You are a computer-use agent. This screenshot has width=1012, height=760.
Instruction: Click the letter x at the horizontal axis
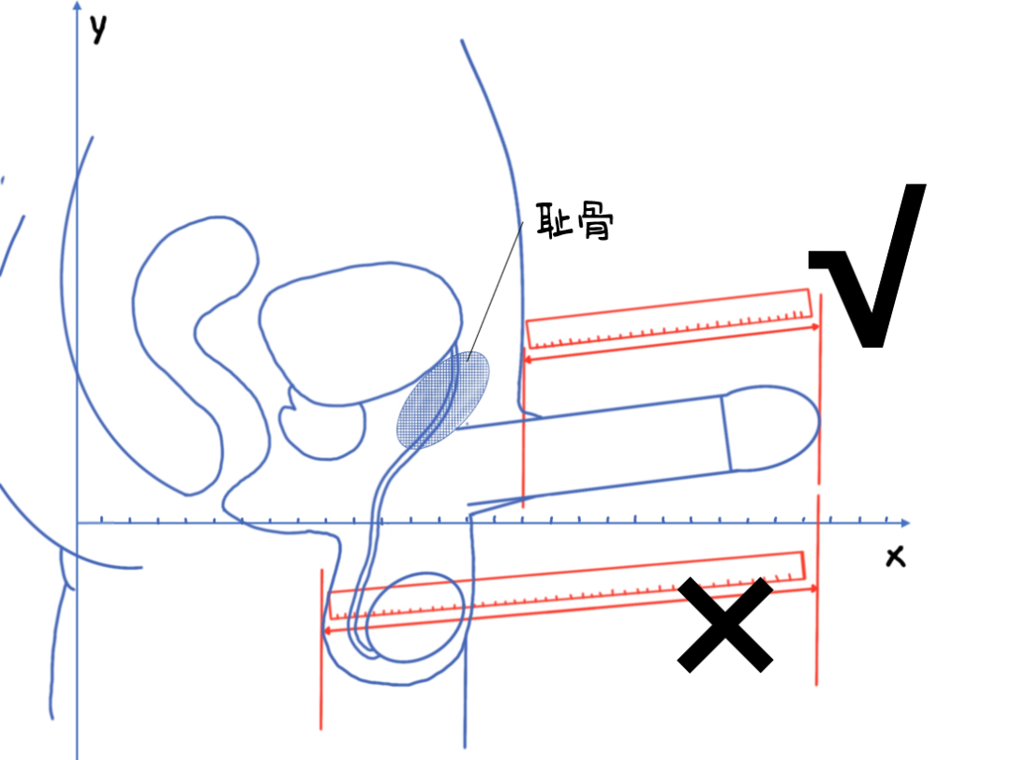pyautogui.click(x=895, y=558)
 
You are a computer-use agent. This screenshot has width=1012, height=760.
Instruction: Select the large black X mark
pyautogui.click(x=725, y=624)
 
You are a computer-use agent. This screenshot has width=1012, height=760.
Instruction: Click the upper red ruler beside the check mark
pyautogui.click(x=668, y=317)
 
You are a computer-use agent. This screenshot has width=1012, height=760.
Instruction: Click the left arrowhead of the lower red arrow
pyautogui.click(x=327, y=631)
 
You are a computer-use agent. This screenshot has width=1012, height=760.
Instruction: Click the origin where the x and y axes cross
pyautogui.click(x=78, y=523)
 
